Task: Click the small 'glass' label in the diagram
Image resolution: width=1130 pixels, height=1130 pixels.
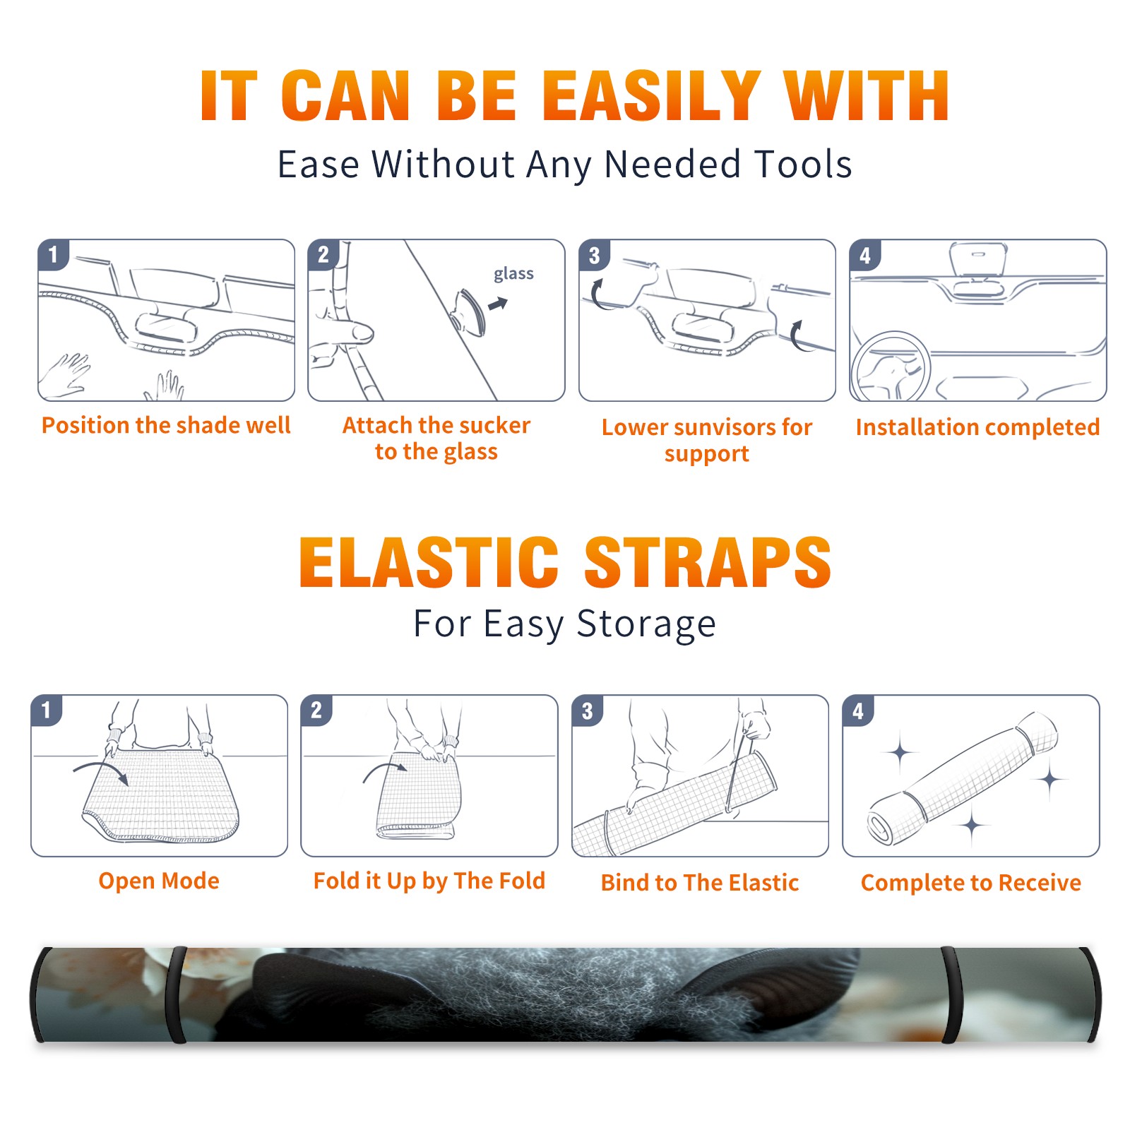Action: [x=513, y=274]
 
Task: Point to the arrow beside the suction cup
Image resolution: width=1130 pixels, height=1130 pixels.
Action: [x=499, y=304]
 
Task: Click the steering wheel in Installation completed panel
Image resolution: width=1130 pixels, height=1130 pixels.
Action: [x=890, y=367]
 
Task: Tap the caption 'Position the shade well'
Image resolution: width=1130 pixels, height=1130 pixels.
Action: [x=166, y=425]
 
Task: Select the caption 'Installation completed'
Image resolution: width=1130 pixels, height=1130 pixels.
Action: [x=977, y=427]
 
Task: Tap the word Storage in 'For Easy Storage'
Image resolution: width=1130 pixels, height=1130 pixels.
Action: [x=646, y=624]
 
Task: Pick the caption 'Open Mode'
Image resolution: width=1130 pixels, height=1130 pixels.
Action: [x=159, y=881]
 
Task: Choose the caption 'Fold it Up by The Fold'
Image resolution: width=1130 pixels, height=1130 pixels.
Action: [x=429, y=881]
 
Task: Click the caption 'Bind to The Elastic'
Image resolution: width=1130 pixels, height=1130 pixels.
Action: [x=700, y=883]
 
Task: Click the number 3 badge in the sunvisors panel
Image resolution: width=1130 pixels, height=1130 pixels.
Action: [x=594, y=255]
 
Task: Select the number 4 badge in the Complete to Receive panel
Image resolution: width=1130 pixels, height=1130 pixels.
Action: [x=858, y=710]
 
